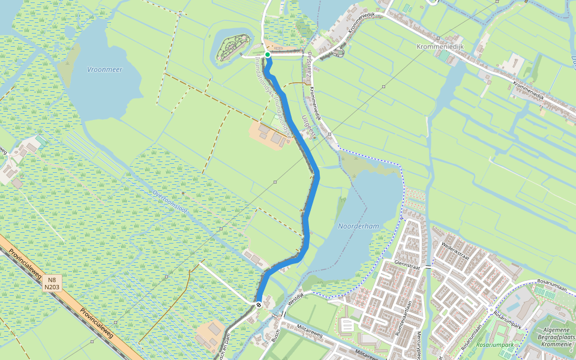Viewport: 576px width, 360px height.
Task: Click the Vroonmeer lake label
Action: tap(104, 70)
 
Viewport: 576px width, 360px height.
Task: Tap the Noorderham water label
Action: tap(358, 226)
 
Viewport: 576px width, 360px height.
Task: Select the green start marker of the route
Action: tap(268, 55)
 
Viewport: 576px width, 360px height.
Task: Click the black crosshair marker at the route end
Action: tap(259, 305)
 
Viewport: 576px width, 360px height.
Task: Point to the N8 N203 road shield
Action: tap(52, 283)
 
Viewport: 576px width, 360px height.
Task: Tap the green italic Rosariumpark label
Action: tap(494, 345)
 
